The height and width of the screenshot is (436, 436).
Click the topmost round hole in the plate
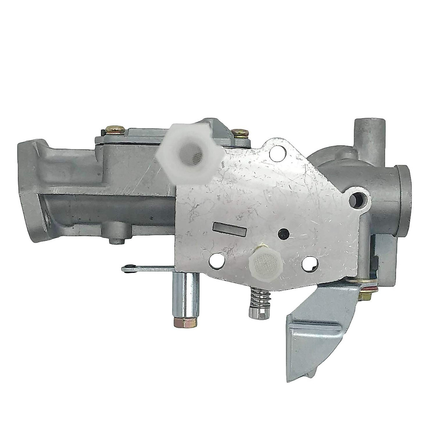pyautogui.click(x=272, y=149)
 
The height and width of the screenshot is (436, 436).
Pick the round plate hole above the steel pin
pyautogui.click(x=217, y=260)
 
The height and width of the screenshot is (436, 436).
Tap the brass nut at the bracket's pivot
pyautogui.click(x=362, y=296)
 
